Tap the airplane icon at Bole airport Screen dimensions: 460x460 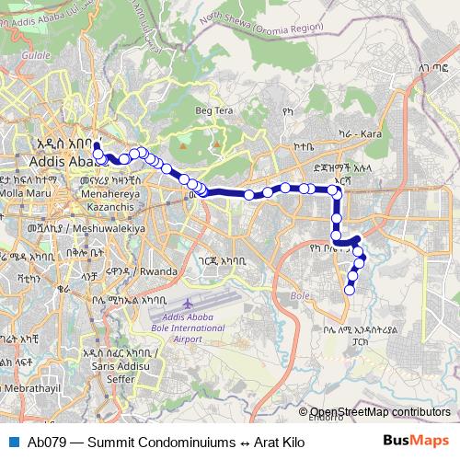point(189,304)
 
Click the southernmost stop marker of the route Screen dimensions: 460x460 point(349,291)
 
